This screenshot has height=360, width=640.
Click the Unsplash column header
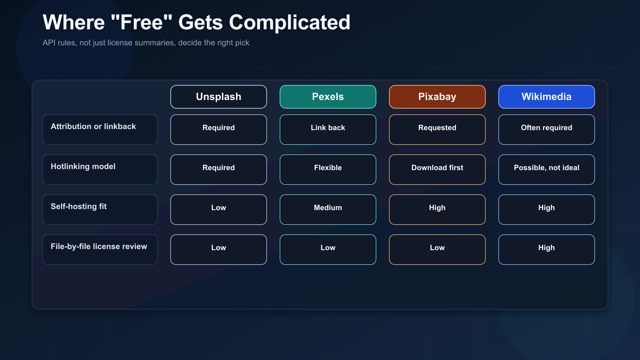pos(218,97)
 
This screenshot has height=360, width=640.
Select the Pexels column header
pos(328,97)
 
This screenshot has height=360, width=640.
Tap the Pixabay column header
pos(437,97)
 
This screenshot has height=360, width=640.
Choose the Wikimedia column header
pos(546,97)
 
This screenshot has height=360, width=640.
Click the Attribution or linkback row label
pos(100,130)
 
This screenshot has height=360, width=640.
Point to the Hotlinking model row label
pos(100,170)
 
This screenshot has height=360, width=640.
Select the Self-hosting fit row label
pos(100,210)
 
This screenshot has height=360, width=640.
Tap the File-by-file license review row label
pos(100,250)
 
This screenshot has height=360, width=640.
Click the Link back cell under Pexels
pos(328,130)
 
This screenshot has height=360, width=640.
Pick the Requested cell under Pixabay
pos(437,130)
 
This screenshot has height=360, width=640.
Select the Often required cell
pos(546,130)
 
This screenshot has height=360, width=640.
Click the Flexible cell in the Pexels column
pos(328,170)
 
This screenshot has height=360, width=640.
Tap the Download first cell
pos(437,170)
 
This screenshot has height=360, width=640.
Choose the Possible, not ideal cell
pos(546,170)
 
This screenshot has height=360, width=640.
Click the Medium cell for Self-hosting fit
pos(328,210)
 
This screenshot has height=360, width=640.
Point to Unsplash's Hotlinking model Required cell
pos(218,170)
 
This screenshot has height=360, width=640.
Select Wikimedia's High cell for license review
pos(546,250)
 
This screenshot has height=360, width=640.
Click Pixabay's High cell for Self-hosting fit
pos(437,210)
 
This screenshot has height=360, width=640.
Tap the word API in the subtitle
pos(49,43)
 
